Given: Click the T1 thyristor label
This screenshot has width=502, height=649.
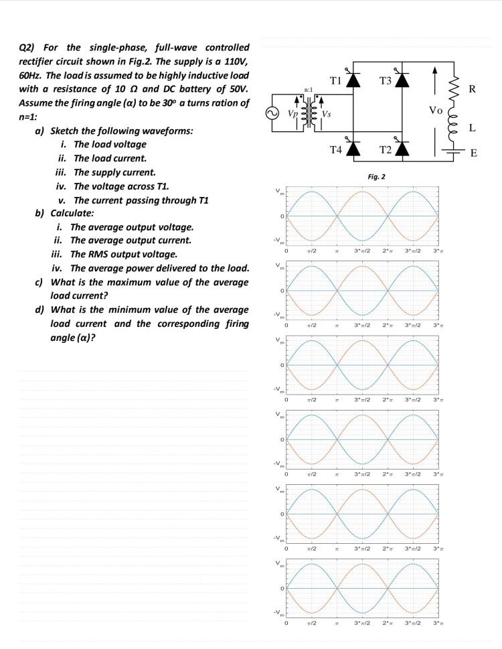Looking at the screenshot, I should pos(336,80).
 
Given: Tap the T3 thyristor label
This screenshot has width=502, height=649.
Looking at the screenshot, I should pos(385,80).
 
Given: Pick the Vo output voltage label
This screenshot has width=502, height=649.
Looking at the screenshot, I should pos(435,108).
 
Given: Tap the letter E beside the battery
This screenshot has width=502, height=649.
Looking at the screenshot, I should pos(474,153).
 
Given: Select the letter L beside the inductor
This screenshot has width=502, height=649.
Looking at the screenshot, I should pos(473,127).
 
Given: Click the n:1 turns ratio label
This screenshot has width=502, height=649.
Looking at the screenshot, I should pos(309,88).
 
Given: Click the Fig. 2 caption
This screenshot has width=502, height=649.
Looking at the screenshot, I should pos(376,177).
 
